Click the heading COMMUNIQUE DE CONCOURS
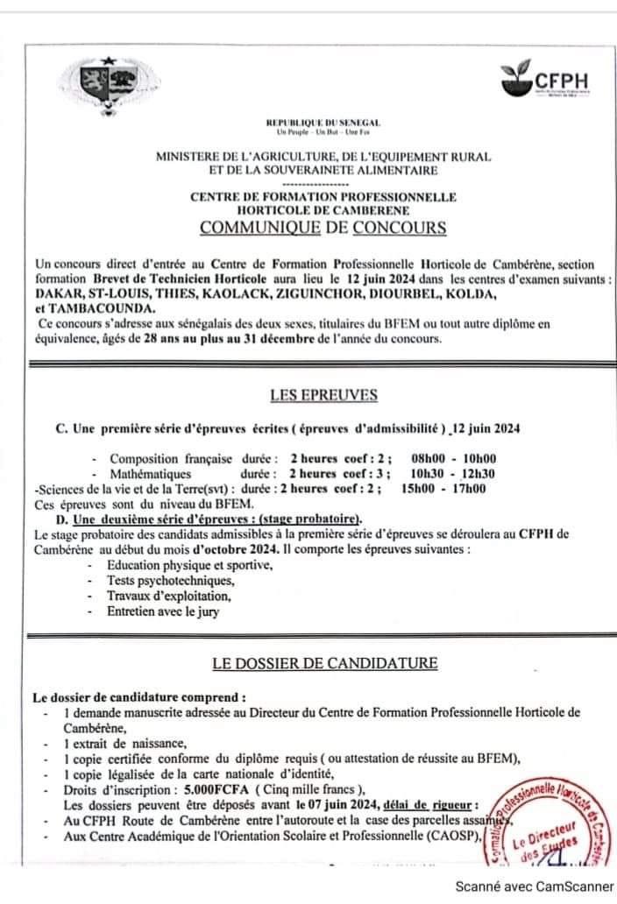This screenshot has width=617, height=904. [x=323, y=229]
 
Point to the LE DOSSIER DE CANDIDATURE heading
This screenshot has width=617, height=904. [x=324, y=662]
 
